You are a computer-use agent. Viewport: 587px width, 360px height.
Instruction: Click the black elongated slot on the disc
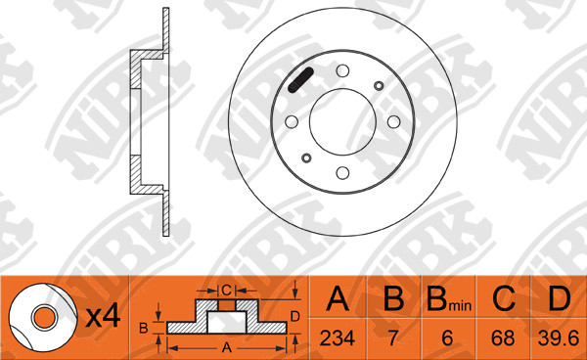click(x=300, y=79)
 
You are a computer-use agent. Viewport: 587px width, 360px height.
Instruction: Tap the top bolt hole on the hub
click(x=342, y=70)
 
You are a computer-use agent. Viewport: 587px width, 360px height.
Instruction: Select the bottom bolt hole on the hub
click(x=342, y=173)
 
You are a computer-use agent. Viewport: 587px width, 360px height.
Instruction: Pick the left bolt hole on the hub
click(x=292, y=121)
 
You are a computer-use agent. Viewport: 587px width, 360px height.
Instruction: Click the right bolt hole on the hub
click(x=394, y=121)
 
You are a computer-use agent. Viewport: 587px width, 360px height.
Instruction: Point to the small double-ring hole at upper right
click(x=379, y=86)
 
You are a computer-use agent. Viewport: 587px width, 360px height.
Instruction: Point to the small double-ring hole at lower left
click(x=306, y=157)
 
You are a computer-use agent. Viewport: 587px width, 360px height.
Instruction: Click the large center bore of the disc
click(x=342, y=121)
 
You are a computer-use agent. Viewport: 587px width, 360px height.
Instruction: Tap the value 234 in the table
click(x=337, y=338)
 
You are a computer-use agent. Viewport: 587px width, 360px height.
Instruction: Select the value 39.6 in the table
click(x=559, y=338)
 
